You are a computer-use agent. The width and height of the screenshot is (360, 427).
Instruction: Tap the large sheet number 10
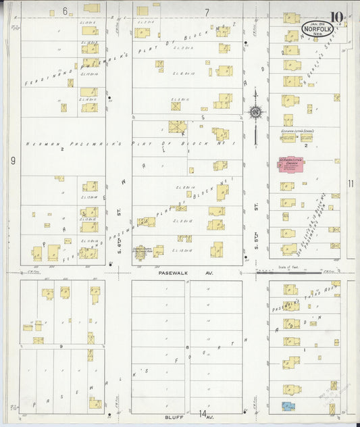[x=336, y=16]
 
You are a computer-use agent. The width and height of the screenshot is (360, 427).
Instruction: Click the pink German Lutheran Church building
[x=291, y=165]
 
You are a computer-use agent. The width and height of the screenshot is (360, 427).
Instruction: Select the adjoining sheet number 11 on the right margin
[x=350, y=184]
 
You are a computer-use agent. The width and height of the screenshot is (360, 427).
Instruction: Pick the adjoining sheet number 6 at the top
[x=66, y=11]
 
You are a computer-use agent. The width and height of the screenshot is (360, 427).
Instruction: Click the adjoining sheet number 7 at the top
[x=207, y=11]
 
